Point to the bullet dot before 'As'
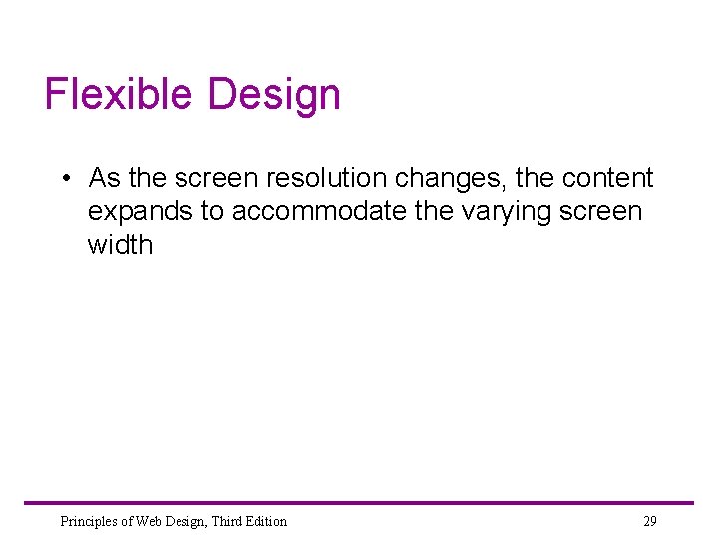click(64, 179)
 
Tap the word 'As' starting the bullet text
click(105, 179)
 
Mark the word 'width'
click(120, 245)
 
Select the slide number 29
click(649, 521)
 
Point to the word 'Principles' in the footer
click(88, 521)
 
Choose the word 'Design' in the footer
click(185, 521)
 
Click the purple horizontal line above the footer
click(359, 503)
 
